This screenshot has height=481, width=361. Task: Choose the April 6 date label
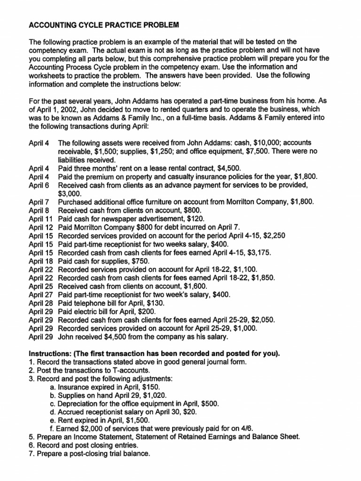click(39, 185)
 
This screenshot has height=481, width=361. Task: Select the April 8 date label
click(39, 210)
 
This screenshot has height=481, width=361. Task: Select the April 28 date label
click(41, 303)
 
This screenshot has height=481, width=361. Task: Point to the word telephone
click(90, 303)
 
